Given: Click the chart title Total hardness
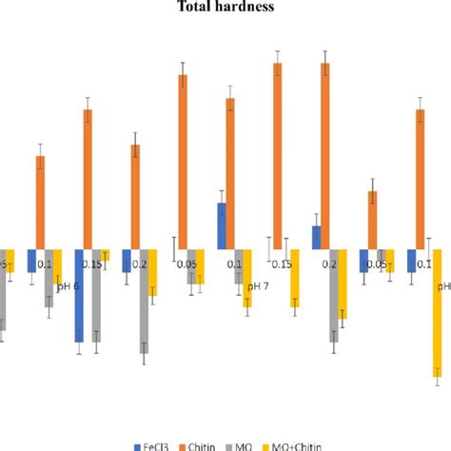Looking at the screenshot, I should pos(225,8).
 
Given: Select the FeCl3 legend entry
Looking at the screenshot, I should pos(152,444).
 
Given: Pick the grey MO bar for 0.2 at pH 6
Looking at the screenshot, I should pos(143,301).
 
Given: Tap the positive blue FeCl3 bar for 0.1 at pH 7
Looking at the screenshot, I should pos(222,225).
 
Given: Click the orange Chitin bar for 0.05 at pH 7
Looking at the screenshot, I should pos(182,162).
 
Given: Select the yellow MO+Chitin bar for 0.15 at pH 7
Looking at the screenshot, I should pos(295,277).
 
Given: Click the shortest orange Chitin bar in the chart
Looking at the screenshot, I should pos(373,220).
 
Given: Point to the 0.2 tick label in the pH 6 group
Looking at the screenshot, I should pos(138,264).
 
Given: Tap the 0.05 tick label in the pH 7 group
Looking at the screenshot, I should pos(186,264).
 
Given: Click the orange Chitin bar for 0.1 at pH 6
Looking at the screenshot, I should pos(40,202).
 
